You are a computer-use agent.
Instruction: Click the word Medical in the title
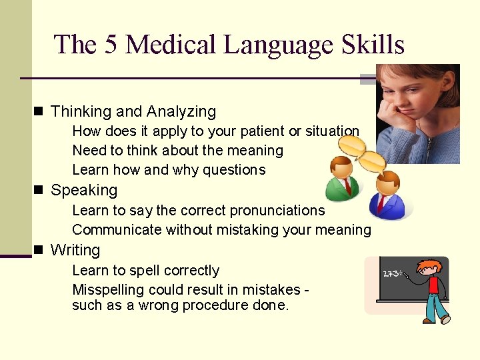[171, 45]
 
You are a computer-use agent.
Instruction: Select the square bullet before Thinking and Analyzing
[39, 111]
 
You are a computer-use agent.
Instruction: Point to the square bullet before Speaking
[39, 190]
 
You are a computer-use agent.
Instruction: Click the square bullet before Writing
[39, 250]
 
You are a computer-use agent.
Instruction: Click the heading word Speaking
[84, 190]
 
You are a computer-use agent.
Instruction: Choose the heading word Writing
[75, 251]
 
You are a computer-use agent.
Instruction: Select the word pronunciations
[277, 211]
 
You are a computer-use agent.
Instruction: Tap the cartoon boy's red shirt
[434, 285]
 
